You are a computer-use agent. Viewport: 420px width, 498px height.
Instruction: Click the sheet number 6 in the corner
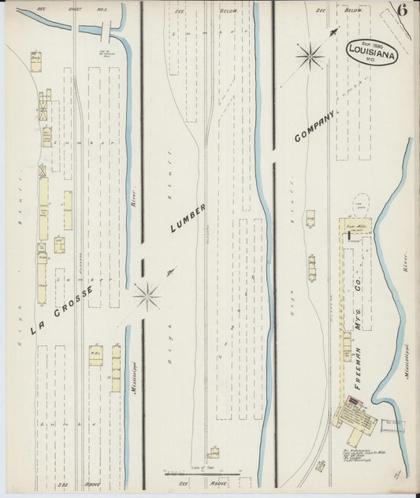(x=402, y=10)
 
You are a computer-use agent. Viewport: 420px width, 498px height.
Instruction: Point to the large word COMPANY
(x=315, y=126)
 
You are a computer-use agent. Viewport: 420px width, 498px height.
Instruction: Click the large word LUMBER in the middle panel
(x=188, y=217)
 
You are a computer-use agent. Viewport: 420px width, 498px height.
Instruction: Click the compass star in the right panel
(x=310, y=55)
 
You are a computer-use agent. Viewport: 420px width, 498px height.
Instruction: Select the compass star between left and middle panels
(x=147, y=296)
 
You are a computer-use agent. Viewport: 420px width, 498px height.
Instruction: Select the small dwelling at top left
(x=35, y=61)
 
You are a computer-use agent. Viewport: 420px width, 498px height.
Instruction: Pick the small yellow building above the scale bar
(x=214, y=453)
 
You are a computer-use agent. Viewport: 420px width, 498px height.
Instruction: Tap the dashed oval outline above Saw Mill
(x=362, y=203)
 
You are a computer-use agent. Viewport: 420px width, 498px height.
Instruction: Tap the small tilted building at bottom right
(x=320, y=465)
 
